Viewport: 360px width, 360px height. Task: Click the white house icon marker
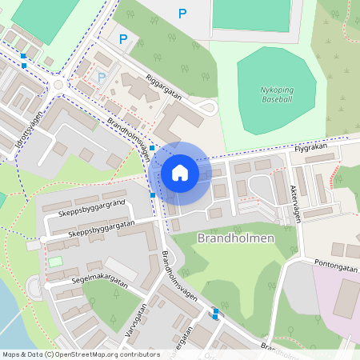tap(180, 173)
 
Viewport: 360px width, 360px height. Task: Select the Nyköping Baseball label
tap(277, 95)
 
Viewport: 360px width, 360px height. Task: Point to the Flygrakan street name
tap(311, 148)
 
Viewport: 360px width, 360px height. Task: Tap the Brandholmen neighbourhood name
tap(235, 238)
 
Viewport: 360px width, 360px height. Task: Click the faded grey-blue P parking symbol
tap(102, 77)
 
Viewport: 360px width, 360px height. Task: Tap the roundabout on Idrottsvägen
tap(58, 86)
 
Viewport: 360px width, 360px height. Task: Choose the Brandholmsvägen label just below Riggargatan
tap(129, 137)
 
